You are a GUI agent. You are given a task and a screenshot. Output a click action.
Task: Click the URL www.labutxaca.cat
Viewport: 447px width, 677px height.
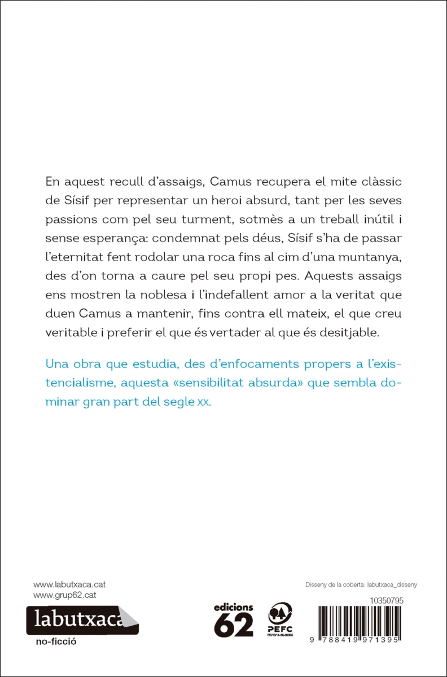point(69,584)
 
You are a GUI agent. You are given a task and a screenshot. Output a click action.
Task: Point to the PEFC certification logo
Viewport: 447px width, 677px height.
point(280,619)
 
